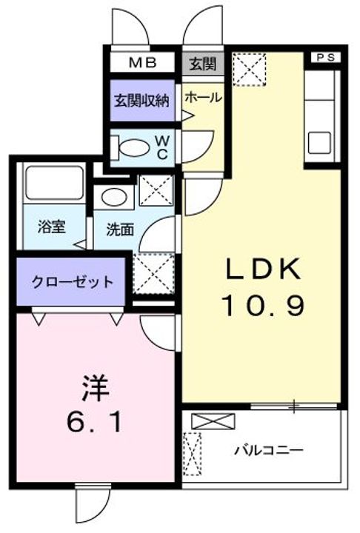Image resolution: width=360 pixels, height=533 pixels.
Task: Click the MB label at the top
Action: point(144,63)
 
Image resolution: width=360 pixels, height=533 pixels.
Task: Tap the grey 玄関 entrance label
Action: point(201,64)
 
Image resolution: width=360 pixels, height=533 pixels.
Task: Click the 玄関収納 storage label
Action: point(143,99)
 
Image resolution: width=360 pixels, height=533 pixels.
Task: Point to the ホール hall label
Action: point(201,97)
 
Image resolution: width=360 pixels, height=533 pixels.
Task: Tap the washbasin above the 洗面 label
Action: point(114,196)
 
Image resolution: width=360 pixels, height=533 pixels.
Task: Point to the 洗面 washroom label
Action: point(119,229)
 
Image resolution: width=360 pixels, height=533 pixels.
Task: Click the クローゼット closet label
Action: point(73,281)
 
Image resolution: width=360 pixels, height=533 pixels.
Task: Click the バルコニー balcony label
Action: point(269,450)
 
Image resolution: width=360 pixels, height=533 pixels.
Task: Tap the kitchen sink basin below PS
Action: point(322,141)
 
